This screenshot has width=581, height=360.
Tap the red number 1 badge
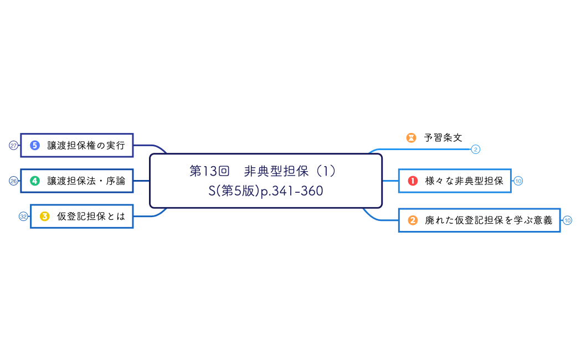click(x=413, y=181)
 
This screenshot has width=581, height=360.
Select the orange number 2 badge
click(x=413, y=220)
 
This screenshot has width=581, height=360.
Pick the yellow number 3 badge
click(x=45, y=217)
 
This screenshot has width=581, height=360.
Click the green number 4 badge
click(x=35, y=181)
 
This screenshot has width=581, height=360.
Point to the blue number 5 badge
click(x=35, y=145)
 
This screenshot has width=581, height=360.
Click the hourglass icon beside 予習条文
click(x=411, y=137)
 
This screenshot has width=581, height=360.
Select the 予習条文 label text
click(x=443, y=137)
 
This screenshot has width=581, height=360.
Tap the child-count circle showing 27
click(x=14, y=145)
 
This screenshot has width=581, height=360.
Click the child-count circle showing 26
click(x=14, y=181)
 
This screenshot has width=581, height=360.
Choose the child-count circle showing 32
click(x=24, y=217)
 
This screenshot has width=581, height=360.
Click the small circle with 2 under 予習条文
click(x=475, y=149)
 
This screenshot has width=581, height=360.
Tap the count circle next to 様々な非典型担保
click(x=518, y=181)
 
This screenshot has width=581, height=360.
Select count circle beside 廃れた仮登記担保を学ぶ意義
click(x=568, y=220)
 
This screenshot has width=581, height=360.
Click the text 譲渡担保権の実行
click(x=86, y=145)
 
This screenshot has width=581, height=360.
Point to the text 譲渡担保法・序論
click(x=86, y=181)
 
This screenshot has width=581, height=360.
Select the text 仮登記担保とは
click(x=91, y=217)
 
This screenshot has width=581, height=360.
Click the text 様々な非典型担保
click(x=464, y=181)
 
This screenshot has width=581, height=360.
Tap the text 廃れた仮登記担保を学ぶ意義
click(x=489, y=220)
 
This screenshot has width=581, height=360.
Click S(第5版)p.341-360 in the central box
click(x=266, y=191)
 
